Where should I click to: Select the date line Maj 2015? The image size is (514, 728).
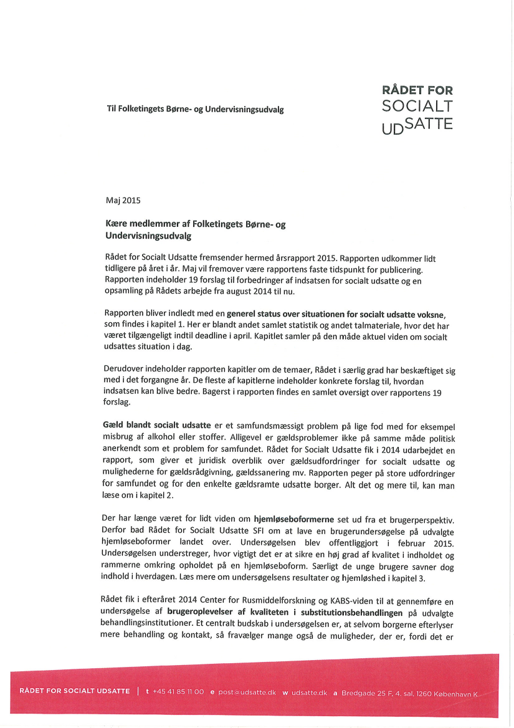123,201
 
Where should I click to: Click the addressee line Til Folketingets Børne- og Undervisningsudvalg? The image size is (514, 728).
195,109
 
